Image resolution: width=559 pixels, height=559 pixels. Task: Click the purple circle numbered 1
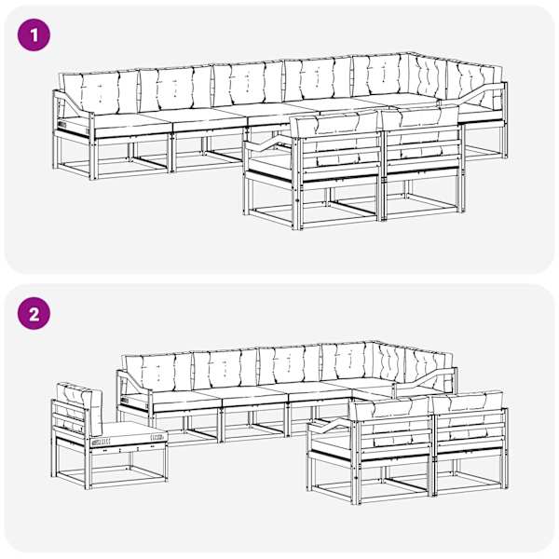point(34,34)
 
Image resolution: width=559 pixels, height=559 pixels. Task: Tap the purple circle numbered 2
point(34,314)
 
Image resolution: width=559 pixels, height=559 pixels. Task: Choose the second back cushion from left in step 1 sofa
point(175,89)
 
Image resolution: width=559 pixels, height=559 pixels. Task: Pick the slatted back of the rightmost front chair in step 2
point(470,429)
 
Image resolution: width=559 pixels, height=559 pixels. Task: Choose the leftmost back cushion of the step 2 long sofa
point(158,374)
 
